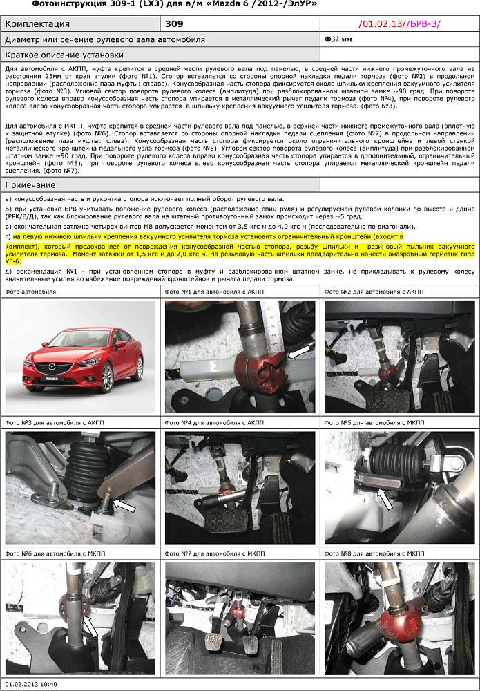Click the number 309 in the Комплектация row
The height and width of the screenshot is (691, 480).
point(175,24)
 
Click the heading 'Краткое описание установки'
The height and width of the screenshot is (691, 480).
point(64,55)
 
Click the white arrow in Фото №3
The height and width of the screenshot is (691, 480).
point(124,508)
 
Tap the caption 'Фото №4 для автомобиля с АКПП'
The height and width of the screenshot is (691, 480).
point(213,422)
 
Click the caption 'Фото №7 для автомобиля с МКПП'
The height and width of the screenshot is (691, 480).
point(213,553)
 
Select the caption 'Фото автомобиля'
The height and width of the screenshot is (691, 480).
point(30,292)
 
